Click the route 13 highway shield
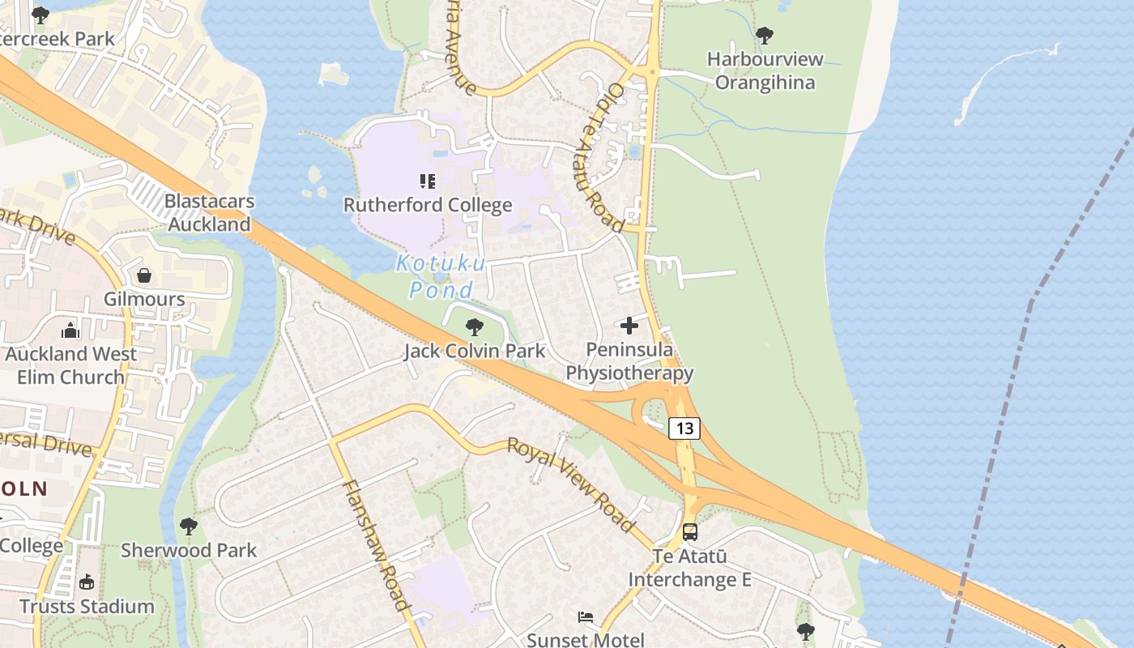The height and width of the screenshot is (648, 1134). point(684,428)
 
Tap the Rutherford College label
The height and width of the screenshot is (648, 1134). point(428,205)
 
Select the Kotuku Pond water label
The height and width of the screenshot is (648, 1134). point(441,276)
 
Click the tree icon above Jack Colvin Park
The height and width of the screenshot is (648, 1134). point(475,327)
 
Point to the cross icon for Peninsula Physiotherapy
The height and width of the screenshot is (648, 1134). point(629,326)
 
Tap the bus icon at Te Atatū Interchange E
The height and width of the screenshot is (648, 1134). point(690,532)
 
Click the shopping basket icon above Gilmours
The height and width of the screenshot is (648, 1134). point(144,275)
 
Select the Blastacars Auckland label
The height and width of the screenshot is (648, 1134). point(210,213)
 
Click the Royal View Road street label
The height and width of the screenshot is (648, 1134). point(571,484)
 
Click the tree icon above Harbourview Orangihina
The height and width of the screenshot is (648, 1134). point(764,36)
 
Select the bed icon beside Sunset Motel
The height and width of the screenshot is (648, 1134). point(586,617)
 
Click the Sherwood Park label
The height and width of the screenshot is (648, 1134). point(189,551)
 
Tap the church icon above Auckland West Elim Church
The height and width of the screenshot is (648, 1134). point(70,330)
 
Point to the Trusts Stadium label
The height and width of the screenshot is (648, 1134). point(87,607)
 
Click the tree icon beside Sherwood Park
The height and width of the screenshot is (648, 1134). point(189,526)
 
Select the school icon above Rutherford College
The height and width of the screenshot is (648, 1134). point(428,181)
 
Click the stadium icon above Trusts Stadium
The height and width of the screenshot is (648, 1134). point(87,582)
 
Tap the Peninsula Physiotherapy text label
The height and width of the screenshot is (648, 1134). point(629,361)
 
